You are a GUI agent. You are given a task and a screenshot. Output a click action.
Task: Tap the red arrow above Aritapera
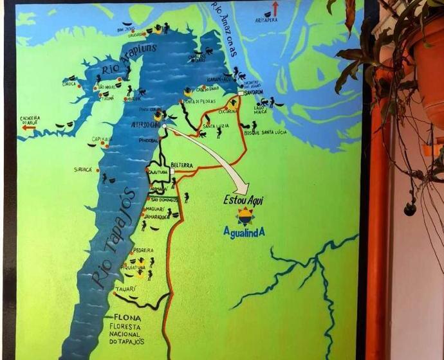275,9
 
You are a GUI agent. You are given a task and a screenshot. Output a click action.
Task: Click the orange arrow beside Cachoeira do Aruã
28,127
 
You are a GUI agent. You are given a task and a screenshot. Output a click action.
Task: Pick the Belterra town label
181,165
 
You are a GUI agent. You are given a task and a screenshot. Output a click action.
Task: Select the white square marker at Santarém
240,93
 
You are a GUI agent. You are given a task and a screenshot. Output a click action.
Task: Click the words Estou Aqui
243,200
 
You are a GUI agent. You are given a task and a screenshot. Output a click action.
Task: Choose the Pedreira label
142,250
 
